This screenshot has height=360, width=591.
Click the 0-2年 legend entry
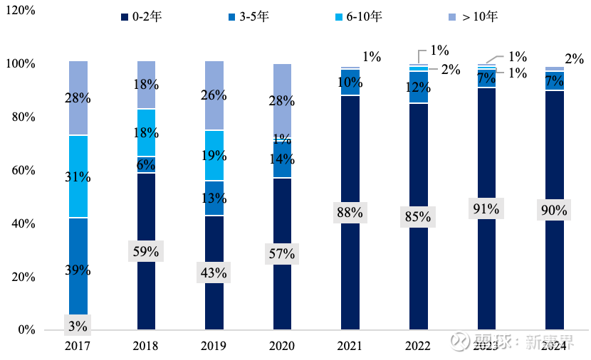click(145, 16)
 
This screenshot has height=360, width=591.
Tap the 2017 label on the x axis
click(78, 346)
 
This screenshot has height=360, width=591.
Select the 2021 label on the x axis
click(350, 346)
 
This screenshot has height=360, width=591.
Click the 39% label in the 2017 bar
click(78, 270)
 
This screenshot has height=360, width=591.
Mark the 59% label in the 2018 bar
click(146, 251)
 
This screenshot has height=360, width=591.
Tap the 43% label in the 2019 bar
click(214, 272)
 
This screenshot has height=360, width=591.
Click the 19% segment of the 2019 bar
click(214, 156)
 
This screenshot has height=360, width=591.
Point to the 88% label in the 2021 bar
click(350, 212)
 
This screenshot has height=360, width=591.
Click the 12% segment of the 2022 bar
click(418, 88)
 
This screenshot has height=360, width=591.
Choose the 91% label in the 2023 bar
click(486, 210)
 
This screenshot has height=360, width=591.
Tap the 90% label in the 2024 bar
click(554, 211)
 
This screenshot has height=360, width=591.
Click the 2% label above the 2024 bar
click(574, 59)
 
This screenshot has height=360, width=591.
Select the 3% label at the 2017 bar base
click(78, 327)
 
